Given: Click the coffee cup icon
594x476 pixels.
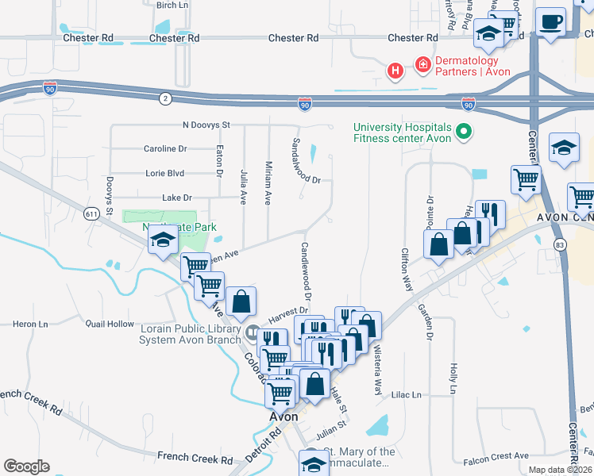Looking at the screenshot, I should (550, 21).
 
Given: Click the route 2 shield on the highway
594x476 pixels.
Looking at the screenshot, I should (164, 98).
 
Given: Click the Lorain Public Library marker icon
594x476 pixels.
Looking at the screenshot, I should (253, 332).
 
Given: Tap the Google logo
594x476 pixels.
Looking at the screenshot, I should (26, 466).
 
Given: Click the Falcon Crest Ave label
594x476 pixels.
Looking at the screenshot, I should (496, 455).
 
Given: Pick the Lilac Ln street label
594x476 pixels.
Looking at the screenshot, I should (405, 394).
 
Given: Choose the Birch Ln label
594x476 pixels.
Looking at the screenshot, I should (172, 5).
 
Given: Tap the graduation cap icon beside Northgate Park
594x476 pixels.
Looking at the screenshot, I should (164, 241).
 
